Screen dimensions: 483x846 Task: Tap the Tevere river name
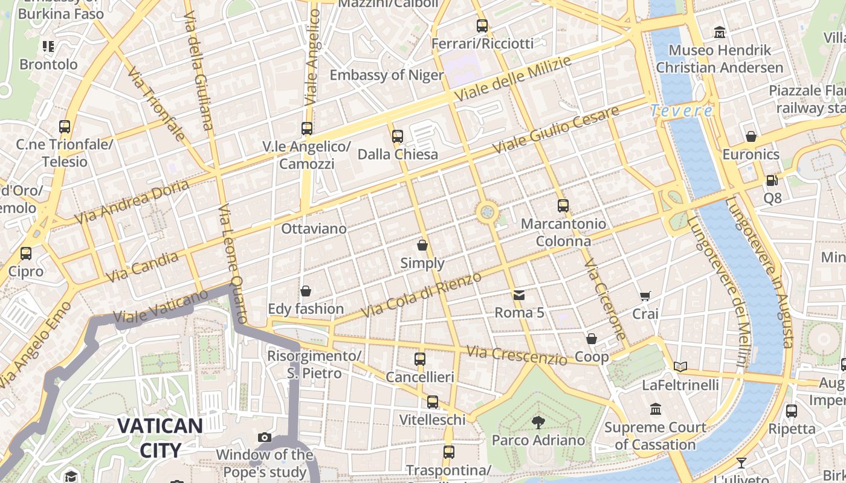coord(681,111)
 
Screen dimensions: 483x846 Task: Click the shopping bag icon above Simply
coord(422,245)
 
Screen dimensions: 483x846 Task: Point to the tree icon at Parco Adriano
coord(538,422)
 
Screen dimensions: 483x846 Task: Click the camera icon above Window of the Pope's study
coord(264,437)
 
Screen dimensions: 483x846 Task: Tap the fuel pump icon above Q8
coord(772,180)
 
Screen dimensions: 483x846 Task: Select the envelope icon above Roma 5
coord(519,295)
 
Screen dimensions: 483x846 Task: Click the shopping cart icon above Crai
coord(645,296)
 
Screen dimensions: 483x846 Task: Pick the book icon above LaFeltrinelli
coord(680,366)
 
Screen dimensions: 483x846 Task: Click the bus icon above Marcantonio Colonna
coord(563,205)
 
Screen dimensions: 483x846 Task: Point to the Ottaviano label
coord(314,229)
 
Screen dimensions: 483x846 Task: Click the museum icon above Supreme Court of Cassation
coord(656,409)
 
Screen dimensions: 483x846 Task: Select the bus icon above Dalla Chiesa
coord(397,136)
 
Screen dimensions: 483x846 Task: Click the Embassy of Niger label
coord(387,75)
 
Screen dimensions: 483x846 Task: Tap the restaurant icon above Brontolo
coord(48,46)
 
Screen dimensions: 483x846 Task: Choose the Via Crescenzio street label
coord(517,356)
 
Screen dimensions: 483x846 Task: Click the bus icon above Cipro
coord(26,254)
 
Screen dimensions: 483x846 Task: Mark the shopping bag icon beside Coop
coord(592,339)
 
